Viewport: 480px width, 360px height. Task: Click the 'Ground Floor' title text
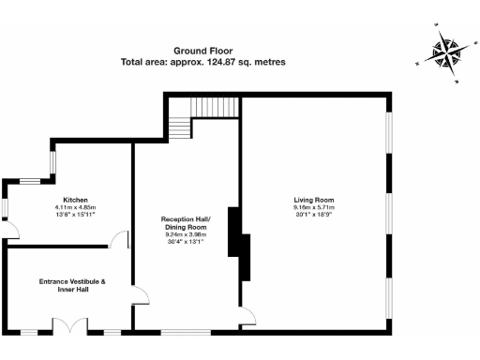pyautogui.click(x=202, y=51)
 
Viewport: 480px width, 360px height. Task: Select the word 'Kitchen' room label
pyautogui.click(x=75, y=200)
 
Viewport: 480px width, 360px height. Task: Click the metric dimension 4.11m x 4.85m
pyautogui.click(x=75, y=207)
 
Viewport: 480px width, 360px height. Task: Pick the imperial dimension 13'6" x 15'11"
pyautogui.click(x=75, y=215)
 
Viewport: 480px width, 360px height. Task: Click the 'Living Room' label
pyautogui.click(x=314, y=200)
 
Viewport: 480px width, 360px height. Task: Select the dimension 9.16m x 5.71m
pyautogui.click(x=314, y=207)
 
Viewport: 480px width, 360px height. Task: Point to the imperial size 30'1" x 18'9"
pyautogui.click(x=314, y=215)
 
